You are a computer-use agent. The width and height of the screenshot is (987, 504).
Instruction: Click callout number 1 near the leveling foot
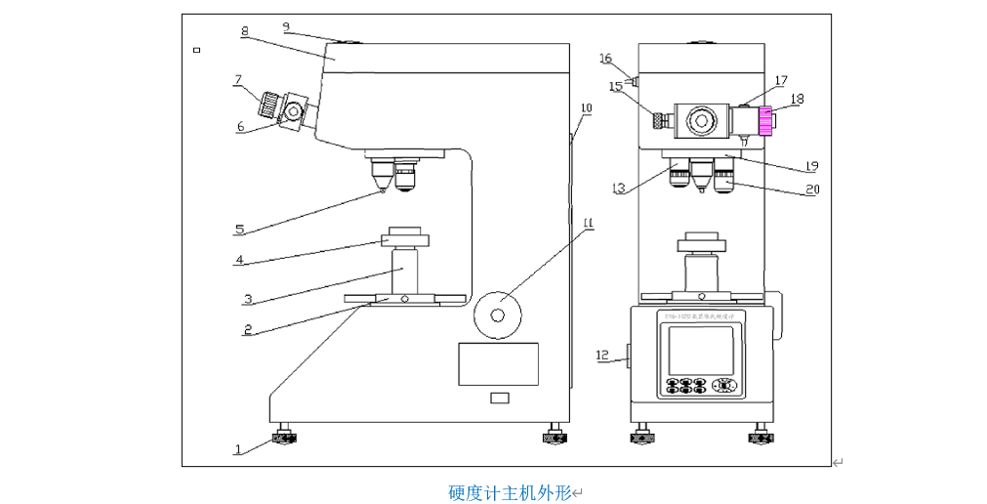(236, 449)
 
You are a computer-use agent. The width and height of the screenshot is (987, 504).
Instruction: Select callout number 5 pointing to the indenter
(239, 230)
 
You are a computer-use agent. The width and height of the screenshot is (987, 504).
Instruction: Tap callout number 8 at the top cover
(244, 31)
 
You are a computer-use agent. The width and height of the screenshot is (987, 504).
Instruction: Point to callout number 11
(588, 223)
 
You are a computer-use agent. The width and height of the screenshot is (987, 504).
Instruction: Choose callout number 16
(606, 59)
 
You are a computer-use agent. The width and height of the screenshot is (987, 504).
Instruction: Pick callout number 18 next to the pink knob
(798, 99)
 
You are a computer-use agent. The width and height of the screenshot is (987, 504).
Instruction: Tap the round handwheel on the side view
(497, 315)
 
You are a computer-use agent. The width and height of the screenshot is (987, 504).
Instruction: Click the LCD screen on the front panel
(699, 350)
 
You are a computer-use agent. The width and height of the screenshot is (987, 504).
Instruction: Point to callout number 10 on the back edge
(586, 107)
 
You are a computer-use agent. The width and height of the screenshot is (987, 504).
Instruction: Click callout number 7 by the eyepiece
(237, 79)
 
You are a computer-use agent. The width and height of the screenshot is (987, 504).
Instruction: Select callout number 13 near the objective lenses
(618, 188)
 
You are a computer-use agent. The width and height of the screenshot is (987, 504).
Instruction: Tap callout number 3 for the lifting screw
(248, 298)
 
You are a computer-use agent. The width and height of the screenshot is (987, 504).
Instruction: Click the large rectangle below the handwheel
(498, 363)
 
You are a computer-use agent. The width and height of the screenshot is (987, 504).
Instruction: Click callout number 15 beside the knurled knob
(616, 87)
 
